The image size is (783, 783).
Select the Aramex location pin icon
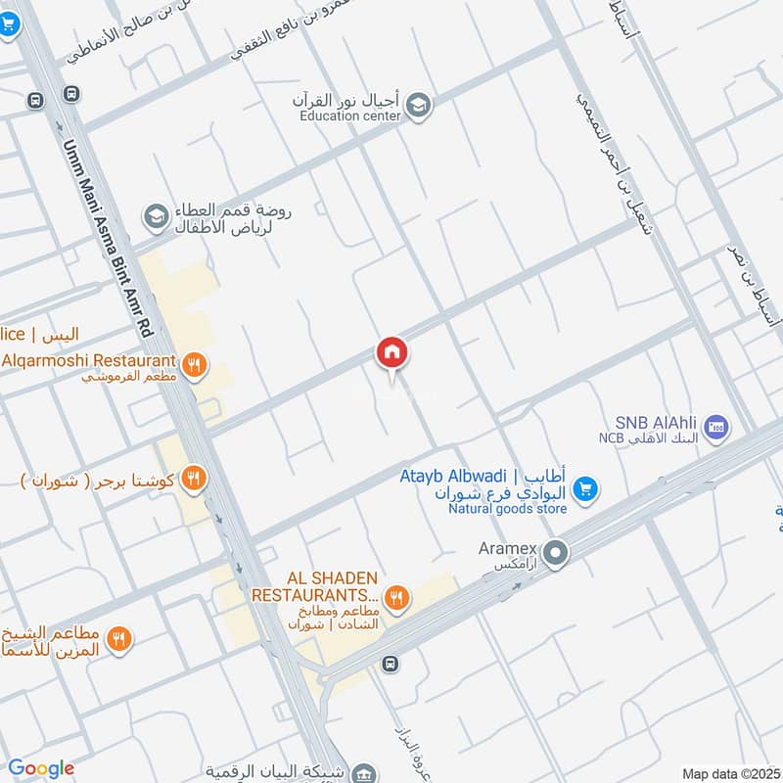(556, 555)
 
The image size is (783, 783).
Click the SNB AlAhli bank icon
(717, 428)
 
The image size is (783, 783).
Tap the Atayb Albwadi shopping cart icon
(585, 487)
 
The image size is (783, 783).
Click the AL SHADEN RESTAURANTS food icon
(396, 596)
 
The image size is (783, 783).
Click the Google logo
(41, 768)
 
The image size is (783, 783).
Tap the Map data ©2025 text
(731, 773)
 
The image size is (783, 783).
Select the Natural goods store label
(508, 509)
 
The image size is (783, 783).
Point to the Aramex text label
(503, 550)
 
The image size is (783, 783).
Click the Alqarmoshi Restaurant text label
(88, 359)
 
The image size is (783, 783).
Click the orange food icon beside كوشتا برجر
(195, 478)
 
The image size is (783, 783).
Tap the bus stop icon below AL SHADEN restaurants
(391, 664)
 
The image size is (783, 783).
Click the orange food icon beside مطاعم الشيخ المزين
(119, 638)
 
